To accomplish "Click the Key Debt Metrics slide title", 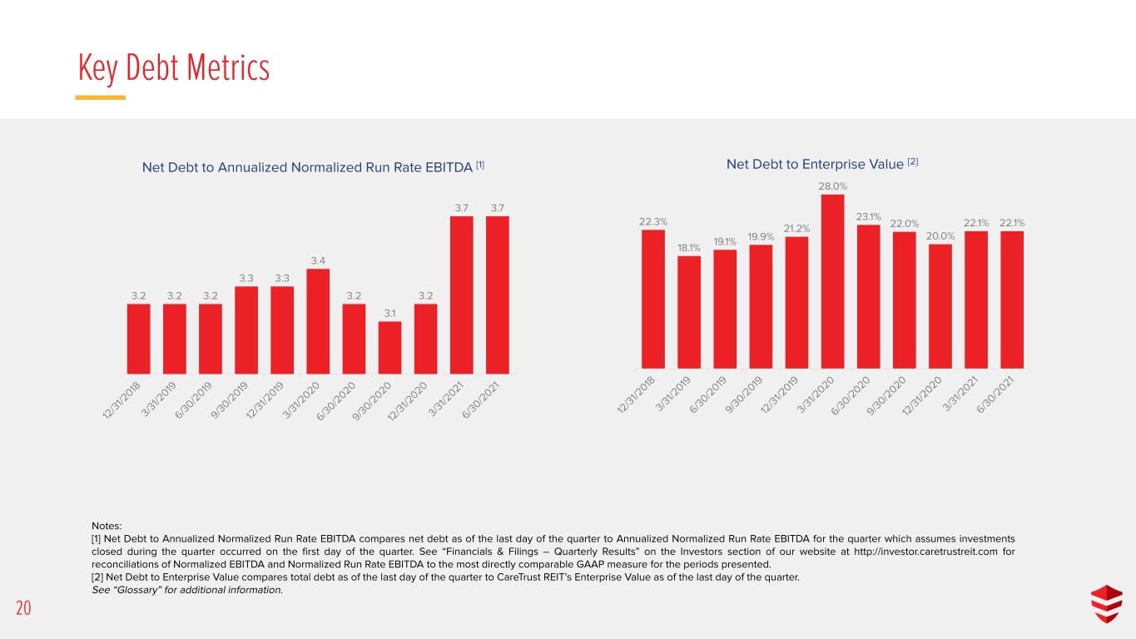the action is (173, 68).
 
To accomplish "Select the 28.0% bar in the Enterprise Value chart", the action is (833, 281).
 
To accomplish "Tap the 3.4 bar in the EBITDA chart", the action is (318, 321).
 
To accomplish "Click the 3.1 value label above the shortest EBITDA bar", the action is (389, 314).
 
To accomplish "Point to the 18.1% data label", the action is (689, 247).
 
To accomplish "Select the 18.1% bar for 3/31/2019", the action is (689, 312).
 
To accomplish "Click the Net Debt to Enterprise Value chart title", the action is (822, 164).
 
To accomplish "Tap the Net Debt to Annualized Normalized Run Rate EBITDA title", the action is (313, 167).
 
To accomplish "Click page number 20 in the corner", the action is (23, 608).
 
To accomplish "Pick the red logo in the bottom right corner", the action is (1107, 603).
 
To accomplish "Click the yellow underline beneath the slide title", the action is (101, 97).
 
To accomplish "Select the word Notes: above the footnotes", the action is (107, 526).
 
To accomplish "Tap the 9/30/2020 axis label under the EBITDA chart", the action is (373, 401).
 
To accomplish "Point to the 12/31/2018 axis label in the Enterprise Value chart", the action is (636, 395).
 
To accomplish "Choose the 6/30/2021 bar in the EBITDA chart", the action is (498, 295).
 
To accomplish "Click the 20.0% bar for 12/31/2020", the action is (940, 306).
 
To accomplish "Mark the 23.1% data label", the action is (868, 216).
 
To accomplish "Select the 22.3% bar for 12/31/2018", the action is (653, 300).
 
